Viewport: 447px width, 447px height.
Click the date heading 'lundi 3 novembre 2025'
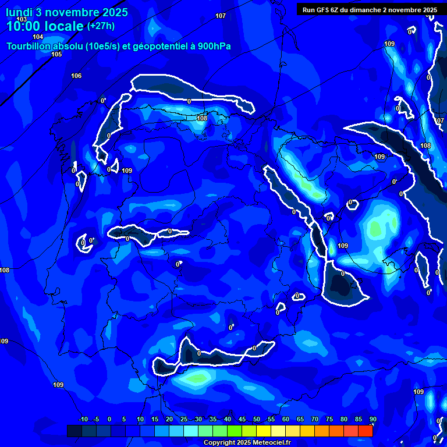(66, 12)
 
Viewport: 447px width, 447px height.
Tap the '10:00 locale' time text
(45, 26)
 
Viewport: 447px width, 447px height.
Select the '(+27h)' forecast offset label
(101, 26)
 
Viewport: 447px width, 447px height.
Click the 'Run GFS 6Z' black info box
(370, 9)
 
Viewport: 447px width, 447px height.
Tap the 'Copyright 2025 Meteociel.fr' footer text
(246, 443)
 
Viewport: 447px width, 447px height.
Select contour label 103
(22, 19)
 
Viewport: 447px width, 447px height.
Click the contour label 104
(38, 37)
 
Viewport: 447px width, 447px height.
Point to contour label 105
(56, 54)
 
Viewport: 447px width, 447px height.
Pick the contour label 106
(76, 76)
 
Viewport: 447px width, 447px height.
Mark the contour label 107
(221, 16)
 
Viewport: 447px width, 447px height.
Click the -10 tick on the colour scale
(83, 419)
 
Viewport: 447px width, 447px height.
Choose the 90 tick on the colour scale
(372, 419)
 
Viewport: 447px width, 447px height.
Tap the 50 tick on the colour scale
(256, 419)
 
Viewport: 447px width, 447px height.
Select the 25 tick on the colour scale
(184, 419)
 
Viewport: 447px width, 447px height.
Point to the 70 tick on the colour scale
(314, 419)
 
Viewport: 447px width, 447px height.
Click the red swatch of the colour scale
(365, 431)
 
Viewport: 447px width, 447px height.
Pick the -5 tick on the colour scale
(96, 419)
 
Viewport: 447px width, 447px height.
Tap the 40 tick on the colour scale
(227, 419)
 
